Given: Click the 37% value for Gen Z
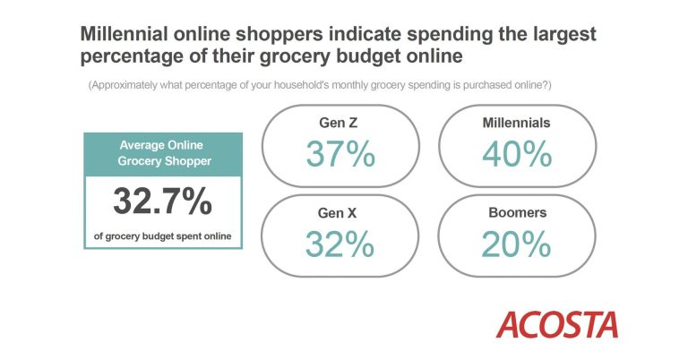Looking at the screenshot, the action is (340, 154).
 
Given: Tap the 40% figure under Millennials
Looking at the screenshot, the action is (517, 154).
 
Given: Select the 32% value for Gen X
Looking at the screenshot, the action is (340, 244).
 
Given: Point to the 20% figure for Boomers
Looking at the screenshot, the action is (516, 244).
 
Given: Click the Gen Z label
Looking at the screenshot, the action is (339, 123).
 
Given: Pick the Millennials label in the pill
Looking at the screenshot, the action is (516, 123).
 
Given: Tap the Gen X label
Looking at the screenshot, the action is (338, 213).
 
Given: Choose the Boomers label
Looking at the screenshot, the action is (517, 212).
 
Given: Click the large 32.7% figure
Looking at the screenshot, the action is (163, 201).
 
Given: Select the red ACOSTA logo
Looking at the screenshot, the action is (557, 325).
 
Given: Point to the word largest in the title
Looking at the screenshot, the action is (564, 35).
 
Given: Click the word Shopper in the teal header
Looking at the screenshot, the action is (188, 161).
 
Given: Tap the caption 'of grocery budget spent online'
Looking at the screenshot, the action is (162, 236).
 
